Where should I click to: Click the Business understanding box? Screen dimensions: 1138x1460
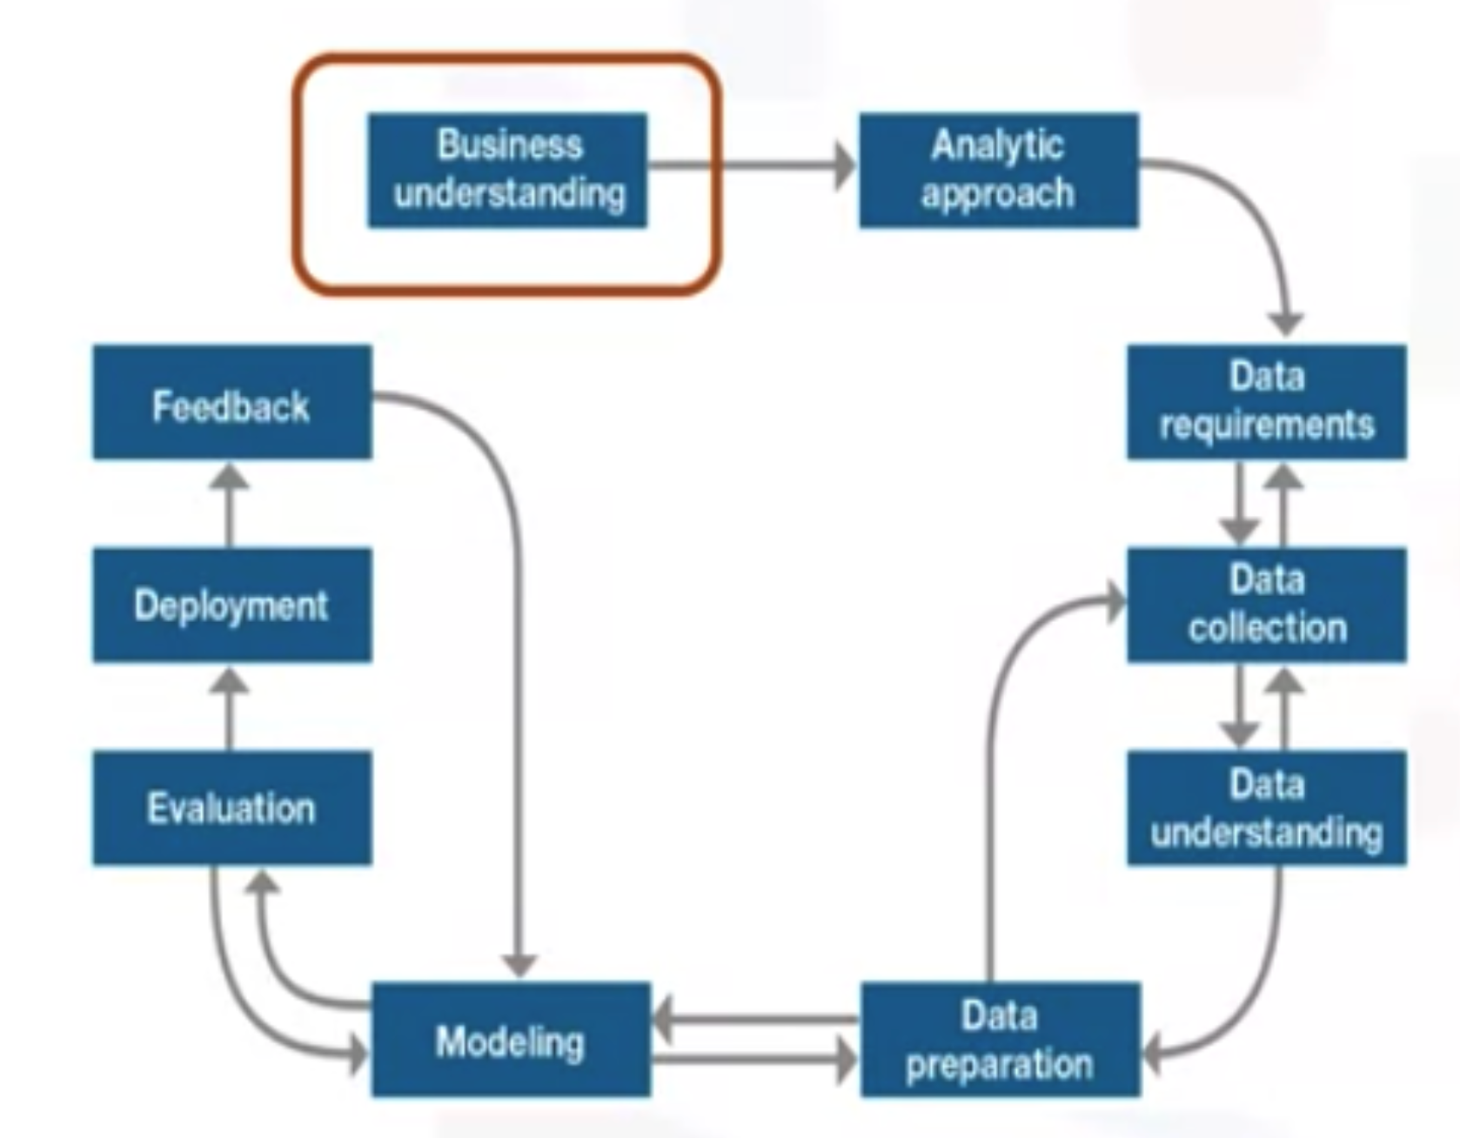point(507,171)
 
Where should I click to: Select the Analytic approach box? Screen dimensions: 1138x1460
point(998,171)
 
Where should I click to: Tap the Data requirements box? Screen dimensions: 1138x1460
point(1266,402)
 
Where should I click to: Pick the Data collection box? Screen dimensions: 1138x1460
point(1266,605)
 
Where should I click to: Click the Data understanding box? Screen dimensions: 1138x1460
point(1266,807)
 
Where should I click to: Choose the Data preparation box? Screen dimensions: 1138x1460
point(1000,1039)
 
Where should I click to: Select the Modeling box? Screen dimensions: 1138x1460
point(511,1039)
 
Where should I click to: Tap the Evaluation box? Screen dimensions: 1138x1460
point(232,807)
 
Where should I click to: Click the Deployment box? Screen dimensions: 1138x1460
point(232,605)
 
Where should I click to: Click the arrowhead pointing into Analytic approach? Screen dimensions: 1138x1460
point(844,165)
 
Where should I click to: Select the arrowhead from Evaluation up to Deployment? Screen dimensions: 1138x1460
point(230,681)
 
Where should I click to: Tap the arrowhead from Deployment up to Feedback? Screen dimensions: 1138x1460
point(230,477)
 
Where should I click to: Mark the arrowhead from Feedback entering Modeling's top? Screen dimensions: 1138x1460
point(519,964)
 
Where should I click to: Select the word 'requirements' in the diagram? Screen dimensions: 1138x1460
point(1266,425)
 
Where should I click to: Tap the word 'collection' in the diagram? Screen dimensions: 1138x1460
point(1267,628)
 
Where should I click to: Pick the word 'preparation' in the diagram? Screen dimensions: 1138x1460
point(1000,1065)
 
